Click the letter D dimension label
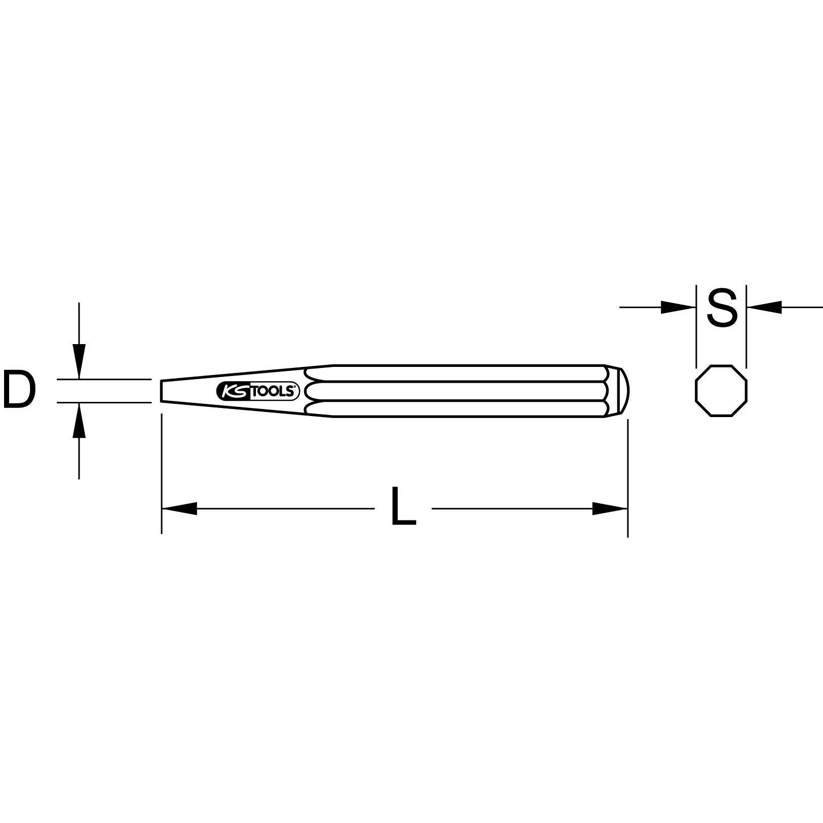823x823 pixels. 19,390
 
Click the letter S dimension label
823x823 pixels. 722,308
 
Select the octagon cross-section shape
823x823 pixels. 721,391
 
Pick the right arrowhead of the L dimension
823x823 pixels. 610,508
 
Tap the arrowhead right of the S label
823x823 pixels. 765,307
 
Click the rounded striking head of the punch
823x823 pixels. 624,391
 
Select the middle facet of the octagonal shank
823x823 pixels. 456,391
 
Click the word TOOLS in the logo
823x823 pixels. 274,391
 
